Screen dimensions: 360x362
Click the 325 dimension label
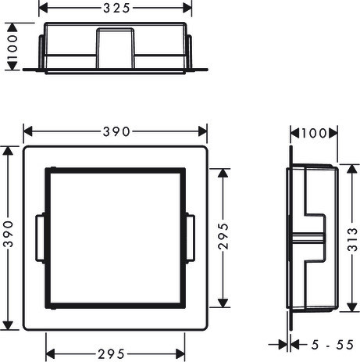116,9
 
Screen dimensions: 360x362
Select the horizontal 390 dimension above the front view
116,131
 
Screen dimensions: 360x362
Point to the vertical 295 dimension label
223,236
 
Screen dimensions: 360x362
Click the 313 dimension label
352,239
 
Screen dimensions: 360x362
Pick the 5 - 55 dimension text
333,345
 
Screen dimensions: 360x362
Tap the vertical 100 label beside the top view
12,47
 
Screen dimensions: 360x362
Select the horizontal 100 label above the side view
314,134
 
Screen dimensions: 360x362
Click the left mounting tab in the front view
40,238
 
